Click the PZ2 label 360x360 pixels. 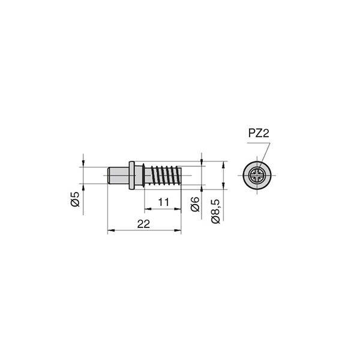259,133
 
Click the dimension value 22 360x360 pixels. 143,224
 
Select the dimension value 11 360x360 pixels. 163,202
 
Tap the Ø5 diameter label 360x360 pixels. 75,199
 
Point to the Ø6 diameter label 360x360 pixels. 195,204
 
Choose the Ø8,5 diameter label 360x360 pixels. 215,211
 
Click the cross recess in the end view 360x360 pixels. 257,175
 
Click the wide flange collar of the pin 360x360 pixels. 131,175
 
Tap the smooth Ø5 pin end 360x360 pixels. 118,175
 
